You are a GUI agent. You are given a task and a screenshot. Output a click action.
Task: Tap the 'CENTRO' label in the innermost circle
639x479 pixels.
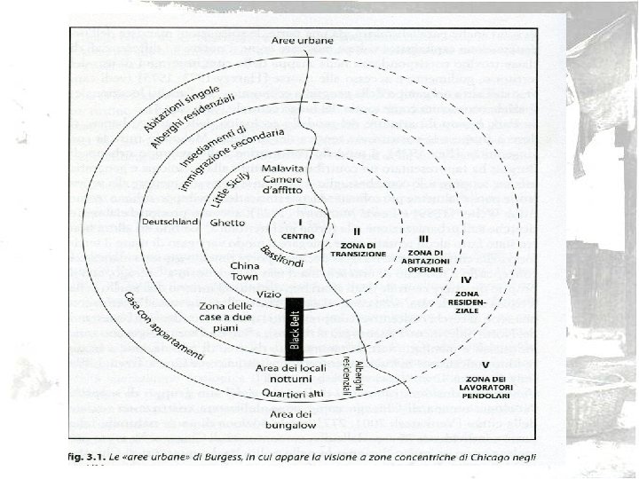tap(299, 235)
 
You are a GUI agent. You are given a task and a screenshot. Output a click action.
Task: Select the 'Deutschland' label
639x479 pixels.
tap(169, 221)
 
